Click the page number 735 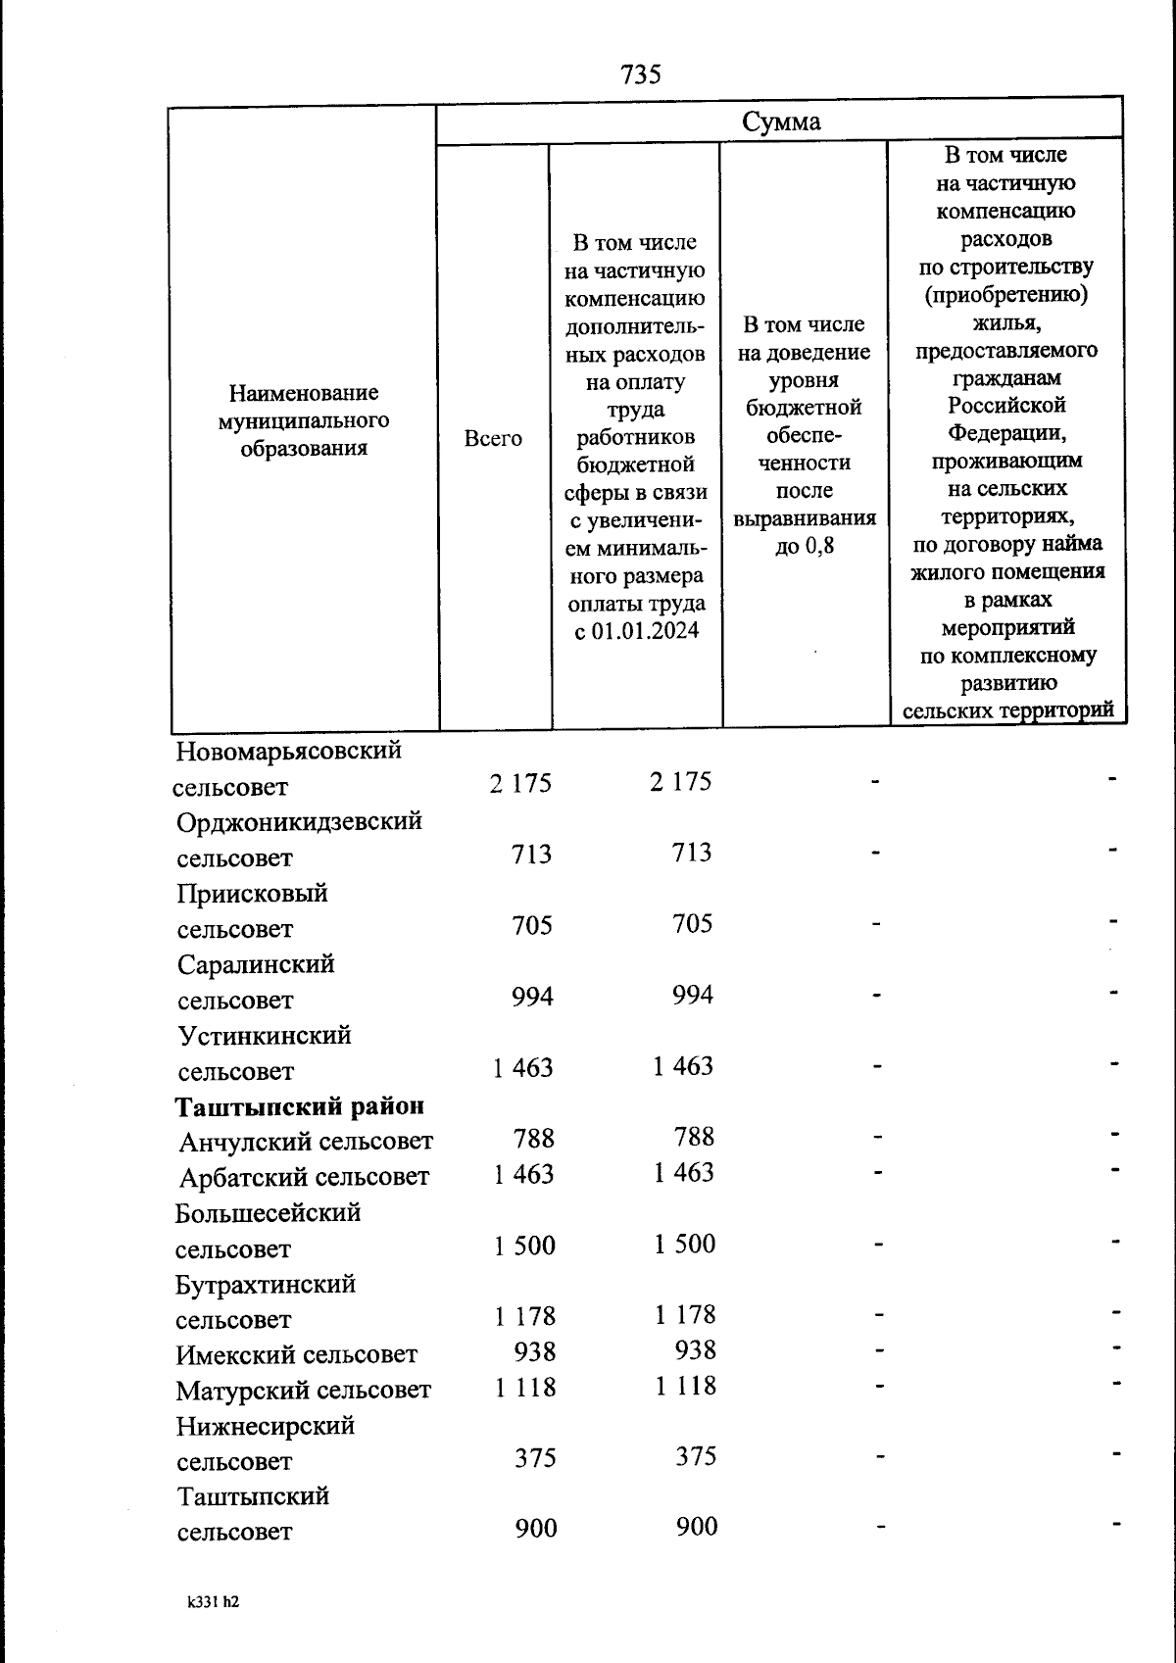coord(641,74)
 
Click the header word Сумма coord(780,122)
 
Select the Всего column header coord(493,438)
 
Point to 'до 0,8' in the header coord(805,546)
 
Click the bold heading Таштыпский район coord(300,1106)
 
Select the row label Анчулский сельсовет coord(306,1142)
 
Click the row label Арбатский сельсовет coord(304,1177)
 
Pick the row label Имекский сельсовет coord(297,1355)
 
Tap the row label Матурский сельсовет coord(304,1391)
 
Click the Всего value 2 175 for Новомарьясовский coord(520,783)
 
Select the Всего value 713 coord(532,855)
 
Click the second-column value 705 coord(692,924)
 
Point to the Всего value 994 coord(532,997)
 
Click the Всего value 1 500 coord(524,1246)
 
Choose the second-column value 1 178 coord(685,1315)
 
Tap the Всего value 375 coord(535,1458)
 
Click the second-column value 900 coord(696,1527)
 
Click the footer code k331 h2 coord(213,1603)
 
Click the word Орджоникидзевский coord(300,821)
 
